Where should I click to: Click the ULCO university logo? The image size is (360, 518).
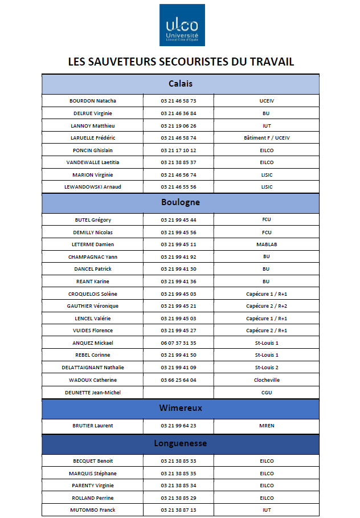pyautogui.click(x=182, y=25)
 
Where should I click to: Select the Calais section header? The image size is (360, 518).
pyautogui.click(x=180, y=84)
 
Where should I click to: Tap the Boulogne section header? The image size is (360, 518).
pyautogui.click(x=180, y=202)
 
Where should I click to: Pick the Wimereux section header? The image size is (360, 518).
pyautogui.click(x=180, y=408)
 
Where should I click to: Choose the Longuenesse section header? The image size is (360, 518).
pyautogui.click(x=180, y=443)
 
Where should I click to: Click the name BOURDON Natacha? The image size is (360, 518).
pyautogui.click(x=92, y=101)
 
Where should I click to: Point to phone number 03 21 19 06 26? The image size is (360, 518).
pyautogui.click(x=178, y=125)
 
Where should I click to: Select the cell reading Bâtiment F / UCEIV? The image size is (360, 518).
pyautogui.click(x=266, y=138)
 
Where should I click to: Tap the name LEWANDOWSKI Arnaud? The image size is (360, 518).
pyautogui.click(x=92, y=187)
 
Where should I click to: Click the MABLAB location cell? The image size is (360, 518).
pyautogui.click(x=266, y=244)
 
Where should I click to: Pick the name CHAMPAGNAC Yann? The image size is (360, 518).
pyautogui.click(x=92, y=257)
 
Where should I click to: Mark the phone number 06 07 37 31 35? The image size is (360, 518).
pyautogui.click(x=178, y=343)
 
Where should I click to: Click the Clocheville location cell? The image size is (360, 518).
pyautogui.click(x=266, y=380)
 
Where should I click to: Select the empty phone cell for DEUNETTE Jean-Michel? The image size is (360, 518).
pyautogui.click(x=178, y=392)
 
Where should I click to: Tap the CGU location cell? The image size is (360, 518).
pyautogui.click(x=266, y=393)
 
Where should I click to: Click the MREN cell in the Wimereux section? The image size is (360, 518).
pyautogui.click(x=266, y=426)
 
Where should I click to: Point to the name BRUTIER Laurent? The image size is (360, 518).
pyautogui.click(x=92, y=426)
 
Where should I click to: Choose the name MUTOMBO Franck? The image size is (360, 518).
pyautogui.click(x=92, y=510)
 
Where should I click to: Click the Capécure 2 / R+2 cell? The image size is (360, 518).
pyautogui.click(x=266, y=306)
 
